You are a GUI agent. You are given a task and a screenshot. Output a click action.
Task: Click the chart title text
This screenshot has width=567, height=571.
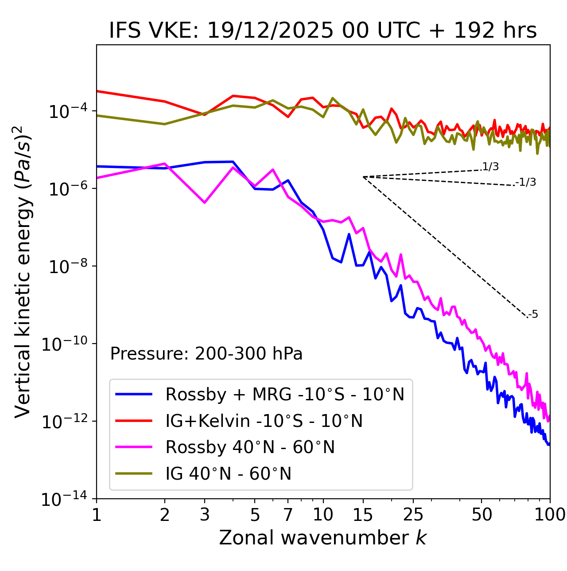[323, 31]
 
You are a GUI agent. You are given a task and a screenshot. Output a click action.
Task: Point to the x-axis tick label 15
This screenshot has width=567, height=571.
[363, 515]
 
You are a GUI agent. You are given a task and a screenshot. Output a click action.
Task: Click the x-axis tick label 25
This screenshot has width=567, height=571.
[413, 515]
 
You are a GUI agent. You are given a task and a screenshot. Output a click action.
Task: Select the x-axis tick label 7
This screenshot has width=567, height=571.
[288, 515]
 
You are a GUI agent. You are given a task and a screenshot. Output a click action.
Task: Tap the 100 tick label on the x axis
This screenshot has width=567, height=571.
[550, 515]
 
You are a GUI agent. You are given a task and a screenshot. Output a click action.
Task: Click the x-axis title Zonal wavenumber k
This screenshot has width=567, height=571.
[323, 538]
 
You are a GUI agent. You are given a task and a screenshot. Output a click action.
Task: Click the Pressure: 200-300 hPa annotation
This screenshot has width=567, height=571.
[206, 354]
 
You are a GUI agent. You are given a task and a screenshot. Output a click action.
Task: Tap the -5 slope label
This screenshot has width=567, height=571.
[533, 315]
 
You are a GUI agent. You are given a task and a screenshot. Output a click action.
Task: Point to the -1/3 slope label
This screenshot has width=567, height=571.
[526, 182]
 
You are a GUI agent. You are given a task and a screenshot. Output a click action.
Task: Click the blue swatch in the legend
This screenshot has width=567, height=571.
[134, 394]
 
